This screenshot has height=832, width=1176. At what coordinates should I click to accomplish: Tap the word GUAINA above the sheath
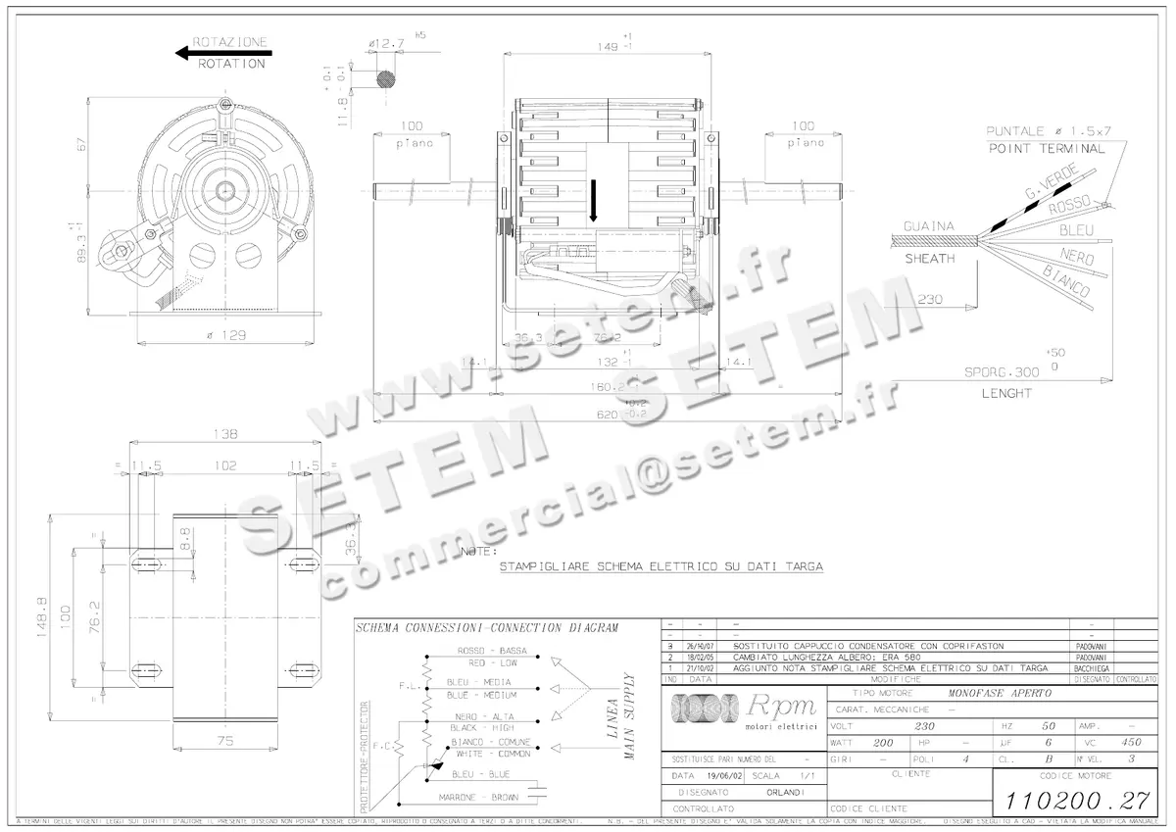pyautogui.click(x=928, y=226)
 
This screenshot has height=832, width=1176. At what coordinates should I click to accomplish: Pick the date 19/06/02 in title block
pyautogui.click(x=717, y=775)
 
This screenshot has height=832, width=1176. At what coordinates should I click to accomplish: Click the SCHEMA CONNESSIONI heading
pyautogui.click(x=486, y=628)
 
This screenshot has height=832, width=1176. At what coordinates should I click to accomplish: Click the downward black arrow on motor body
pyautogui.click(x=593, y=205)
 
